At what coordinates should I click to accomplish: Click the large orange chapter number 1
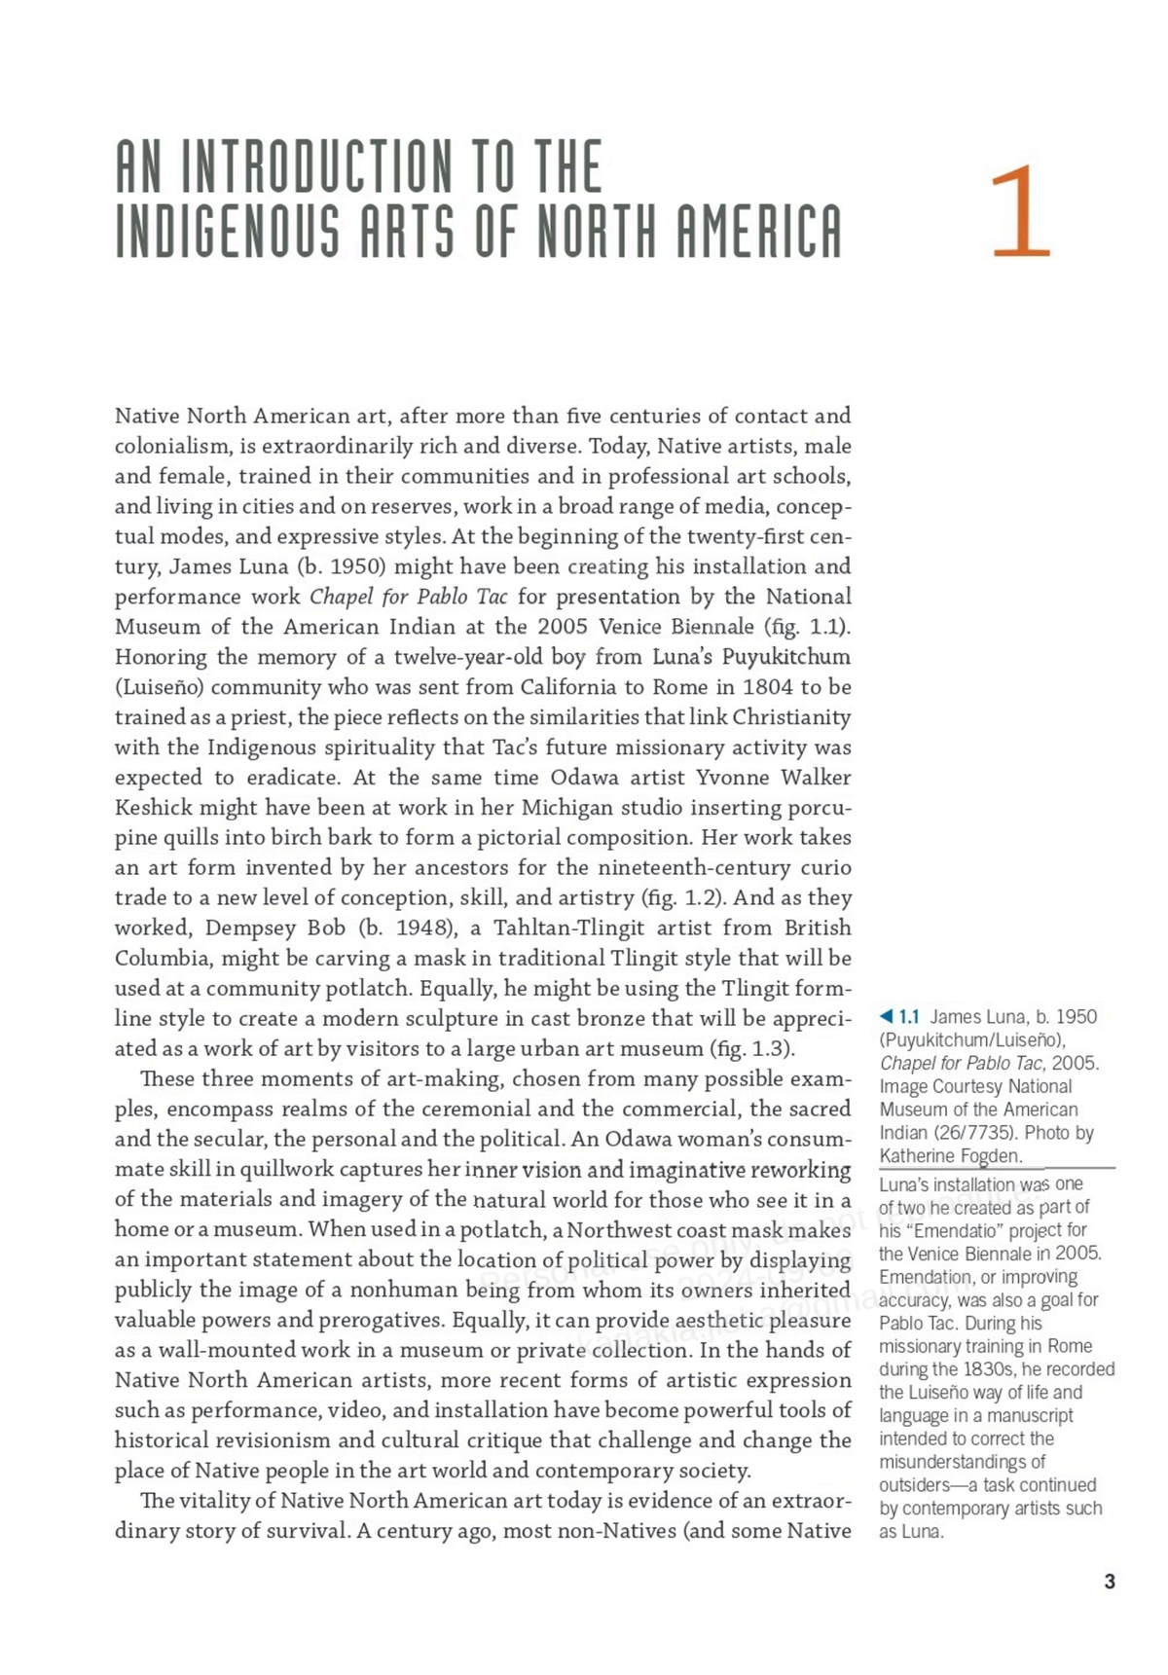(1021, 211)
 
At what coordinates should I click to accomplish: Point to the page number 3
(1110, 1582)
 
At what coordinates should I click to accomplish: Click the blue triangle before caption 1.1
(886, 1017)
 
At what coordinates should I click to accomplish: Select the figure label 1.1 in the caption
(909, 1017)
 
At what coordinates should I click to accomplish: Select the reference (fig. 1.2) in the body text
(679, 898)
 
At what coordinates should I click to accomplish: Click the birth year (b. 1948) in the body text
(404, 929)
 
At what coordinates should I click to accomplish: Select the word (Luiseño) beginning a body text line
(158, 687)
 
